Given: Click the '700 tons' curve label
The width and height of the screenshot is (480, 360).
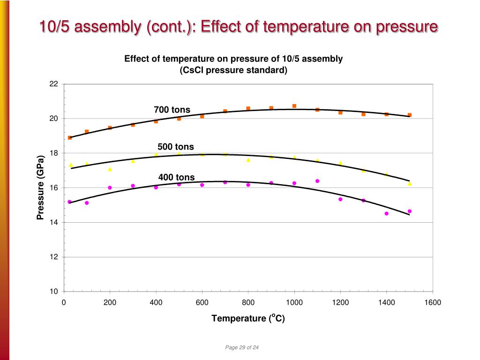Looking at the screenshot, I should (172, 110).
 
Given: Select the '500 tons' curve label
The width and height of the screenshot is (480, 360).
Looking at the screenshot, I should (175, 147).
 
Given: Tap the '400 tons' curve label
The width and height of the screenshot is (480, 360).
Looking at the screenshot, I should (176, 177).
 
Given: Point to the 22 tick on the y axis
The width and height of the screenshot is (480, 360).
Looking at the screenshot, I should (53, 84).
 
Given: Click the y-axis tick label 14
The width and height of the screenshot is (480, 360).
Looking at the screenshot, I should (53, 222).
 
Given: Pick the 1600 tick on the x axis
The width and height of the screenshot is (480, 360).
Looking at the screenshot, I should (433, 303).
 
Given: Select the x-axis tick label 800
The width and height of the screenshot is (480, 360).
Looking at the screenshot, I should (248, 303).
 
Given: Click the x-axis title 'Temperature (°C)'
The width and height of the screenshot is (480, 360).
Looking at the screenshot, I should (248, 318).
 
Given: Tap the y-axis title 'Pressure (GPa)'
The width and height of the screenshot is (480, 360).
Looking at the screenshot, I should (40, 187).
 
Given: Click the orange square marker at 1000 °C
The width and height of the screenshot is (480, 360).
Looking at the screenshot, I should (294, 106).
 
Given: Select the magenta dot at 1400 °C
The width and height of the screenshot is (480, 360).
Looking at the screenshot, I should (386, 213).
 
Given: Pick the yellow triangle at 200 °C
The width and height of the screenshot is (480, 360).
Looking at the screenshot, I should (110, 169).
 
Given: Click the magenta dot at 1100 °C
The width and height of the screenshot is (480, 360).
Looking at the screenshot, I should (317, 181).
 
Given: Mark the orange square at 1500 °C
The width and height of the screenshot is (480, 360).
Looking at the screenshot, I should (410, 115).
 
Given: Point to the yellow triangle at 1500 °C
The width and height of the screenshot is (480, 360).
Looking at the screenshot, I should (410, 184).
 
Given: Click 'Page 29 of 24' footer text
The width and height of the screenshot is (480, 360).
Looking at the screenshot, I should (242, 347).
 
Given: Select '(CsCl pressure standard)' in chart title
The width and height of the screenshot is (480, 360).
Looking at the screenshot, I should (233, 70).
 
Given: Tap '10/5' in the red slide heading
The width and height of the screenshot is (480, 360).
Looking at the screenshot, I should (55, 27).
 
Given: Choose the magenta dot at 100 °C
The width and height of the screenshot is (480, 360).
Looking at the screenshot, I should (87, 203).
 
